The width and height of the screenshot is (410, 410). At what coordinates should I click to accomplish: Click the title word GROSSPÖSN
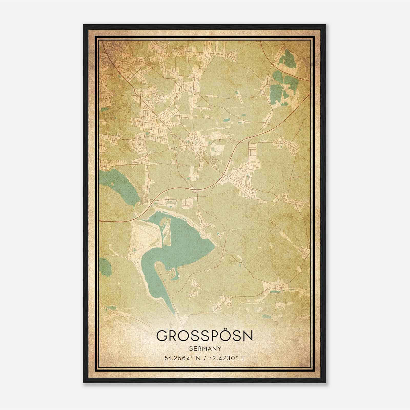[204, 336]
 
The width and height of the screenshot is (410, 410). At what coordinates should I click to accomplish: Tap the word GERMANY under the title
[204, 348]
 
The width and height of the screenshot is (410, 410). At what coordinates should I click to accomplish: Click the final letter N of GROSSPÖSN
[247, 336]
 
